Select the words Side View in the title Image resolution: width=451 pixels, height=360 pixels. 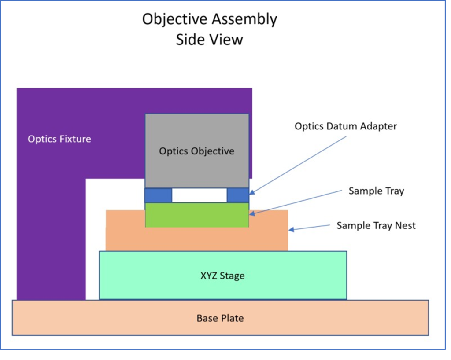click(x=209, y=40)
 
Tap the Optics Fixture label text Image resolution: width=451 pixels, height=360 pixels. click(x=59, y=139)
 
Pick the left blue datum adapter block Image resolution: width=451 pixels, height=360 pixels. click(x=158, y=195)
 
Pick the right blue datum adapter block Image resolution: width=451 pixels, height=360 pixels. click(x=238, y=195)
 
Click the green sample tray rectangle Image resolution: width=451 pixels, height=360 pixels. click(x=197, y=215)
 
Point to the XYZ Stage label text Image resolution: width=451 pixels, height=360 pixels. click(x=222, y=276)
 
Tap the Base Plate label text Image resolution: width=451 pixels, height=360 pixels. click(x=220, y=318)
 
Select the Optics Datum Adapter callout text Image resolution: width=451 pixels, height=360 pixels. click(x=346, y=126)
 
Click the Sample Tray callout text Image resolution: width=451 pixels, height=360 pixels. click(x=376, y=191)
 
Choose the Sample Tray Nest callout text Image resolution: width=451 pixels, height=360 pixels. click(x=376, y=226)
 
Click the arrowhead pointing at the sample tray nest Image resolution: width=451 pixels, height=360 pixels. click(x=292, y=229)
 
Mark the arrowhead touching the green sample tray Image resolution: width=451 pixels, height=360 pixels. click(x=252, y=213)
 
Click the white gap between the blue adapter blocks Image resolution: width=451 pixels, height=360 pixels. click(x=199, y=195)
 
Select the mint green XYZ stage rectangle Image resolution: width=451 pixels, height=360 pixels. click(x=154, y=276)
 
